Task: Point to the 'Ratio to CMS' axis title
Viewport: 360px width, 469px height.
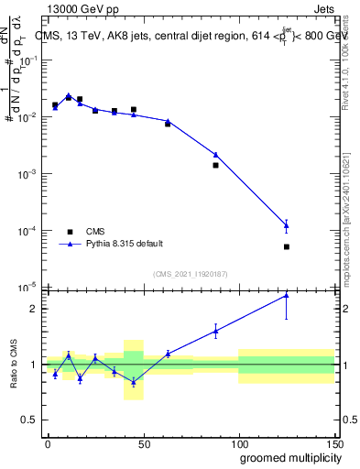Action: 14,364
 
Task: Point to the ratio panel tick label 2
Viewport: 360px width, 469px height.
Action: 33,309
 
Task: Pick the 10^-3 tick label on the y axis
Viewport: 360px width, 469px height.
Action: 27,174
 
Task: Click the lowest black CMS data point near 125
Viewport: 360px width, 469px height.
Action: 287,246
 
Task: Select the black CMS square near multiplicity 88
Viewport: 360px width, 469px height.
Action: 215,165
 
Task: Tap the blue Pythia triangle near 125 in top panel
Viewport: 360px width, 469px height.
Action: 287,225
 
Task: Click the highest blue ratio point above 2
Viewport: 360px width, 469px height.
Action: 287,295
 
